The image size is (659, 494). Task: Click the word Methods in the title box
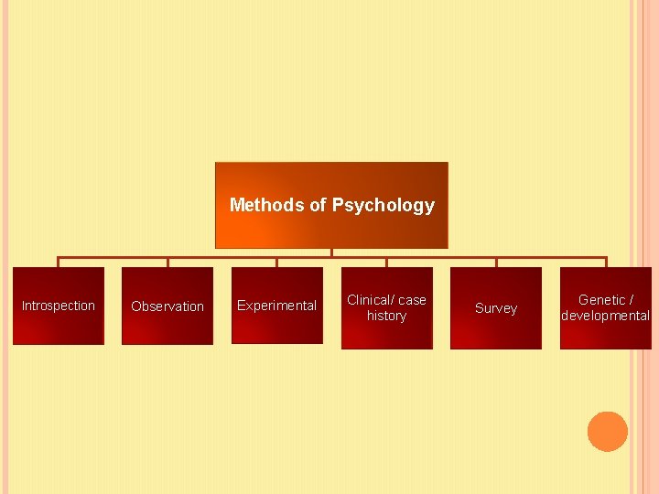[x=267, y=205]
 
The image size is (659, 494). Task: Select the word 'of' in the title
[x=318, y=205]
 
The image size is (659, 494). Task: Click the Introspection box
[x=58, y=306]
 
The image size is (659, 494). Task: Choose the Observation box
[x=167, y=306]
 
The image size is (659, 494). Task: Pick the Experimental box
[x=276, y=306]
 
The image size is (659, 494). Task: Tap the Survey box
[x=495, y=308]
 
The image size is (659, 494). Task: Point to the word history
[x=386, y=316]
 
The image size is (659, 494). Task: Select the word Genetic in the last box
[x=601, y=299]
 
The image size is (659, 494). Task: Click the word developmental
[x=605, y=316]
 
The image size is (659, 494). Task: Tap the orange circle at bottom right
[x=607, y=432]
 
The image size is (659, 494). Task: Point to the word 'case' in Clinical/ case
[x=412, y=299]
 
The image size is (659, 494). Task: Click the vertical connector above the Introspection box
[x=58, y=262]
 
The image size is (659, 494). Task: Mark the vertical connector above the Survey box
[x=496, y=262]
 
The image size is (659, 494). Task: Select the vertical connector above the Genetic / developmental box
[x=605, y=262]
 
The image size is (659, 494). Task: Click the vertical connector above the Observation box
[x=167, y=262]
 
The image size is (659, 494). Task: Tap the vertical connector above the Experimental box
[x=276, y=262]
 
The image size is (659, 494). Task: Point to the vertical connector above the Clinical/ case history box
[x=386, y=262]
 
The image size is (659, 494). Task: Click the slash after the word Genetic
[x=632, y=299]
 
